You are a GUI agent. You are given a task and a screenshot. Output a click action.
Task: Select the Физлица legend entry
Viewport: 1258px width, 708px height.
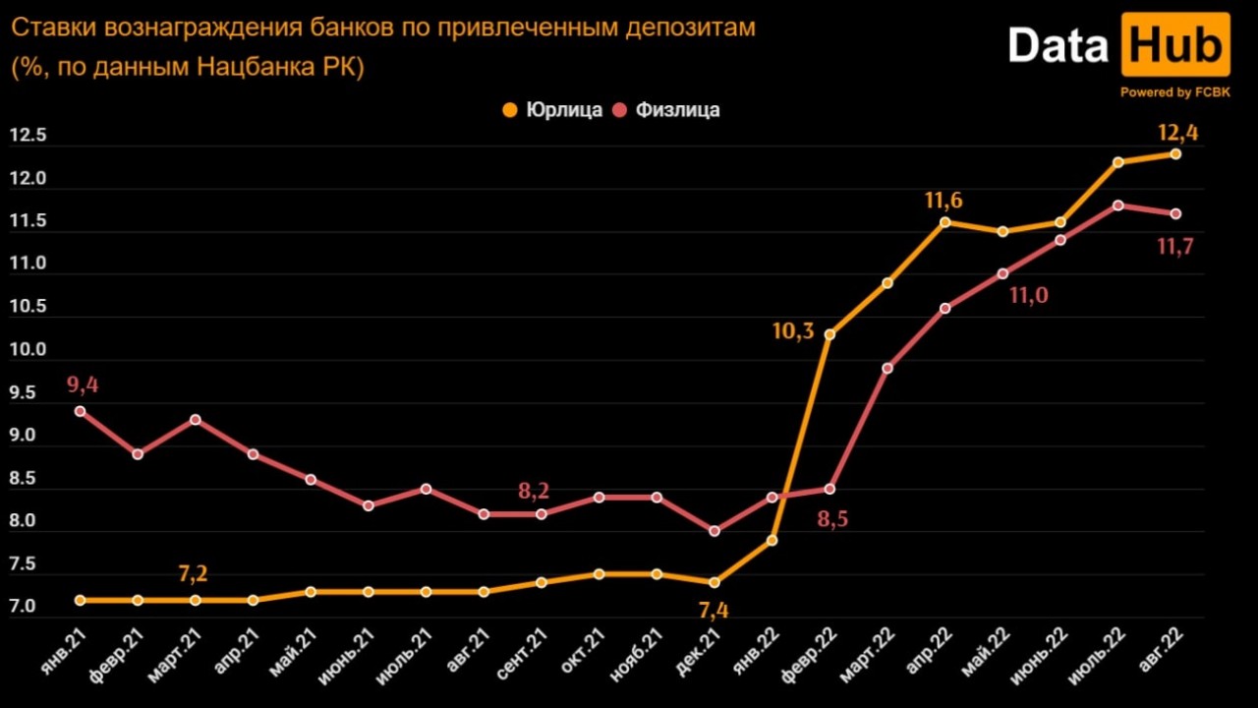pos(666,109)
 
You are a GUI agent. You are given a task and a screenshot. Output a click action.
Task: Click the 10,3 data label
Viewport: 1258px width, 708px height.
pos(793,331)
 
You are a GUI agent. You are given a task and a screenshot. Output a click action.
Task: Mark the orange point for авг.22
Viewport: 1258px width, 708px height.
pos(1175,154)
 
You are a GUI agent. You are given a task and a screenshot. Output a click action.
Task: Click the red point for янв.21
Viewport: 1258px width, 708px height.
pos(80,411)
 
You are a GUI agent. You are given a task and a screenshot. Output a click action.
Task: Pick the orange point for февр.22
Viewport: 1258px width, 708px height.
pos(829,334)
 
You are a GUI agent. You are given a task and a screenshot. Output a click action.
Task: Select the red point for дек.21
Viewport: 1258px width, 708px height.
pos(715,531)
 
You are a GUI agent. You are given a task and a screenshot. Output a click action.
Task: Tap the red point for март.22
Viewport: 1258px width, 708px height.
pos(887,369)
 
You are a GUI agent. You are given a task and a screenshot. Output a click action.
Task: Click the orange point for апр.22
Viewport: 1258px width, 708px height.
pos(944,222)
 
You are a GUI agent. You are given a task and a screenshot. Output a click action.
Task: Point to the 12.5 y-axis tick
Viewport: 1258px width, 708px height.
pos(28,136)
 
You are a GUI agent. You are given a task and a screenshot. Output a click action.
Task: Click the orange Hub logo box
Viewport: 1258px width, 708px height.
pos(1175,45)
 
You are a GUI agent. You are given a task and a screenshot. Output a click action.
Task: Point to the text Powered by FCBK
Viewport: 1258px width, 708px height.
pos(1174,92)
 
